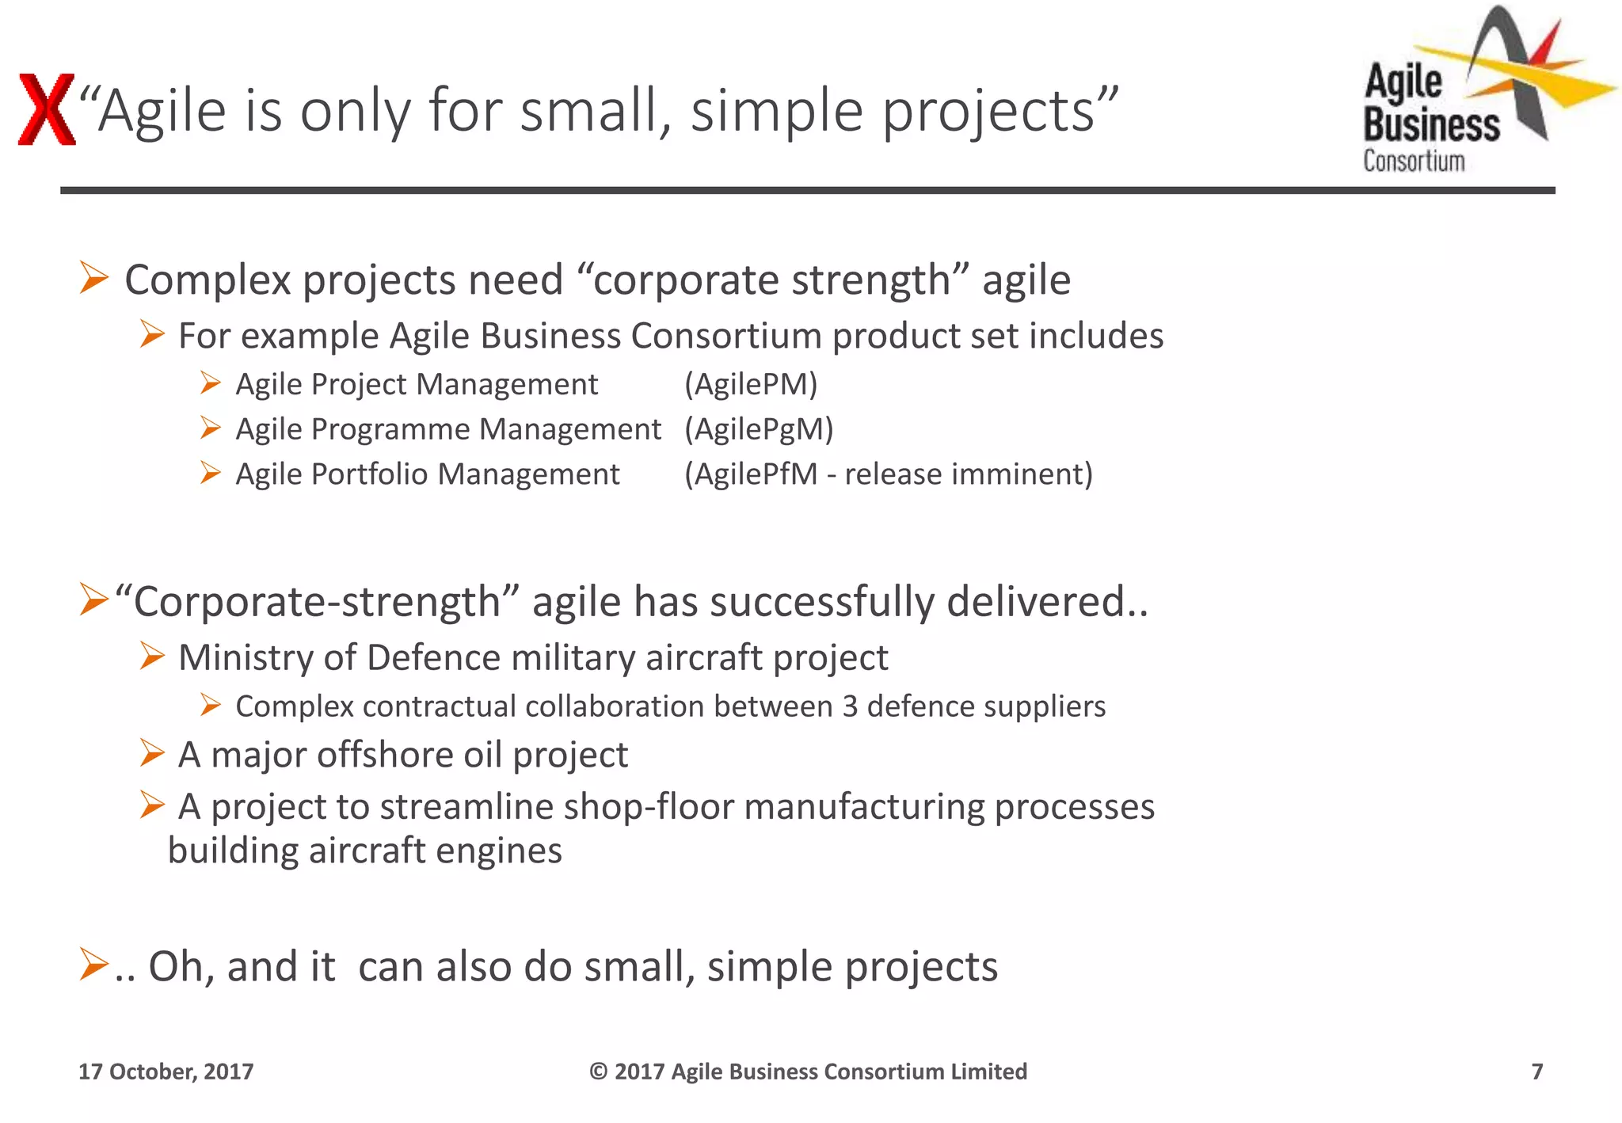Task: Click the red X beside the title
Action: tap(47, 109)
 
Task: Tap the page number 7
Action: tap(1536, 1072)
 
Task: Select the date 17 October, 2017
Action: tap(166, 1072)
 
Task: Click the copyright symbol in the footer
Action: tap(598, 1072)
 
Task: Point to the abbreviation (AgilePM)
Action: tap(751, 385)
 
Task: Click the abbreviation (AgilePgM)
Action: tap(759, 430)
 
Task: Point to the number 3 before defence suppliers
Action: tap(850, 706)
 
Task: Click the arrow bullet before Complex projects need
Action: tap(94, 279)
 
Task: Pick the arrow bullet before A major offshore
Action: tap(151, 753)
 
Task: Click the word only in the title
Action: tap(355, 111)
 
